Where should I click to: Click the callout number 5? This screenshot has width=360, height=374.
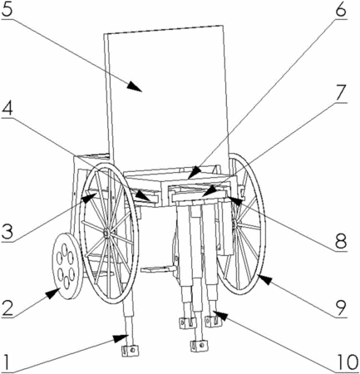pos(7,9)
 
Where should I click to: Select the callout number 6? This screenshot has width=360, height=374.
pos(340,10)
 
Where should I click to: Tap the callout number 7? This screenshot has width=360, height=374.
pos(341,93)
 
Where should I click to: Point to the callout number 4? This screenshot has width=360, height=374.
pos(7,109)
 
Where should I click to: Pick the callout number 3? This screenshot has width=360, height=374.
pos(7,232)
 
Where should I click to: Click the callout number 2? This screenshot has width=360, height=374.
pos(7,308)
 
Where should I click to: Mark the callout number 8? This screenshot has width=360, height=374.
pos(341,241)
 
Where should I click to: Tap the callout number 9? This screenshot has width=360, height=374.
pos(341,307)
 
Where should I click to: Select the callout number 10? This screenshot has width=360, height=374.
pos(347,362)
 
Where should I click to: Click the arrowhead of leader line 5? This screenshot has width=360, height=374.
pos(136,86)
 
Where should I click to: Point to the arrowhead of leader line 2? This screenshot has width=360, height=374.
pos(52,293)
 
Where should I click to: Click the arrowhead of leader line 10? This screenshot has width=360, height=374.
pos(220,314)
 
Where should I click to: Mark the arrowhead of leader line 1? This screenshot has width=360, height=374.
pos(121,337)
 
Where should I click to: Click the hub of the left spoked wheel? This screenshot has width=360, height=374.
pos(106,234)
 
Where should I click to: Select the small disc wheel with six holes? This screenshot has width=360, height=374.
pos(67,266)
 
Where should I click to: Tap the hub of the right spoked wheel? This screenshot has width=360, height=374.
pos(235,224)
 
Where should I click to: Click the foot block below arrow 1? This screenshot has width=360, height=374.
pos(130,350)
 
